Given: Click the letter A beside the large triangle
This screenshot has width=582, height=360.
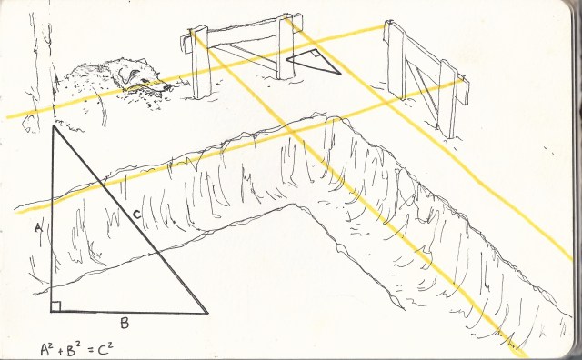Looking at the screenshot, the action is pos(38,227).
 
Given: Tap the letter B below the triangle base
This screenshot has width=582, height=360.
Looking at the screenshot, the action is pos(125,324).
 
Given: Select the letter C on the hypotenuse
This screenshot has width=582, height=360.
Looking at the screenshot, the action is pos(136,215).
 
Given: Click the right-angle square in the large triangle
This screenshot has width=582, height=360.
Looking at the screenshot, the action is pos(55,306).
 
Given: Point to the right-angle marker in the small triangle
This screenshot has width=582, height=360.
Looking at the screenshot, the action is pos(316,53).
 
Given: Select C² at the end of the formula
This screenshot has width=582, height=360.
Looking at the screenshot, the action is pos(105,347).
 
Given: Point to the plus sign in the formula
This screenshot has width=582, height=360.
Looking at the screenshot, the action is pos(62,350).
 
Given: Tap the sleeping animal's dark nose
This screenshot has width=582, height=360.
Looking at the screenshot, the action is pos(166,87).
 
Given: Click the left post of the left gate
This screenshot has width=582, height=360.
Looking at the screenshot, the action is pos(201,63).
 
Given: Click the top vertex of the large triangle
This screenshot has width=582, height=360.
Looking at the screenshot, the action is pos(54,126).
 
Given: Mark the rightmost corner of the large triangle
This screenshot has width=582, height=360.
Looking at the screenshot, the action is pos(207,313).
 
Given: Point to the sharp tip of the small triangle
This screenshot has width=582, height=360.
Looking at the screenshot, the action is pos(340,74).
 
